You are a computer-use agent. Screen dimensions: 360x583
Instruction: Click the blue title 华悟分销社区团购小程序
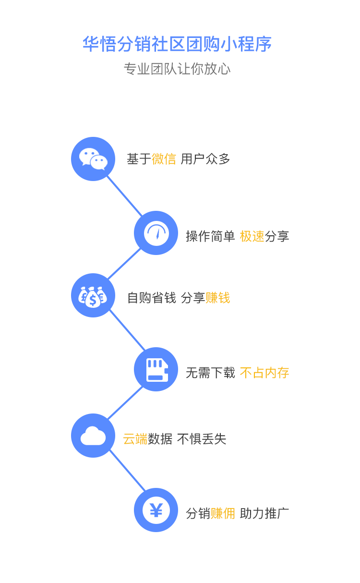tap(177, 44)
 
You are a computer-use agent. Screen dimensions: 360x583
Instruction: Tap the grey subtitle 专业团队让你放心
tap(177, 69)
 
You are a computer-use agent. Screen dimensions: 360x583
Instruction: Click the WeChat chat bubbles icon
tap(93, 159)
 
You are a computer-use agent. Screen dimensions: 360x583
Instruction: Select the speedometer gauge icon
tap(156, 233)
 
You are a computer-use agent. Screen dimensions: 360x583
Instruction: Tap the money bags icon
tap(93, 296)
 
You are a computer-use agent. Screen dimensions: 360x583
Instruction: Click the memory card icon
tap(157, 370)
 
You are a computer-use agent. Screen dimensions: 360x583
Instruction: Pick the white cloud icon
tap(93, 436)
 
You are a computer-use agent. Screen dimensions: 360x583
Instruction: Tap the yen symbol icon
tap(156, 510)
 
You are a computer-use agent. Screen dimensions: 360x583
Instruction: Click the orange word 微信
tap(164, 159)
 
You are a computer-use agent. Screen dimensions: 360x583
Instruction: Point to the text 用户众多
tap(205, 159)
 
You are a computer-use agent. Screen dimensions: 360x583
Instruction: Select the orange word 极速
tap(252, 236)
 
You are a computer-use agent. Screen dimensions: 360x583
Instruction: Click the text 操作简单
tap(210, 236)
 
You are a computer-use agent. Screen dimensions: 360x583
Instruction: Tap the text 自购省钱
tap(152, 298)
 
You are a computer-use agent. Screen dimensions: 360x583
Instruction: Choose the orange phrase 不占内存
tap(264, 373)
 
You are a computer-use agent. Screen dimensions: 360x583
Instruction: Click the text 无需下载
tap(210, 373)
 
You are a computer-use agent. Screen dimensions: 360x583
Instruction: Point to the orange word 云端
tap(135, 439)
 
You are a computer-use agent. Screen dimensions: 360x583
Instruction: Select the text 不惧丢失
tap(202, 439)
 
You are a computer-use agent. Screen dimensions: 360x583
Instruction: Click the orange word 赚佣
tap(223, 513)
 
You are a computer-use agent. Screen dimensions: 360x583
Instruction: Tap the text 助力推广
tap(264, 513)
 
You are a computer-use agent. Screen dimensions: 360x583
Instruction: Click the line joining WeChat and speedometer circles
tap(125, 196)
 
